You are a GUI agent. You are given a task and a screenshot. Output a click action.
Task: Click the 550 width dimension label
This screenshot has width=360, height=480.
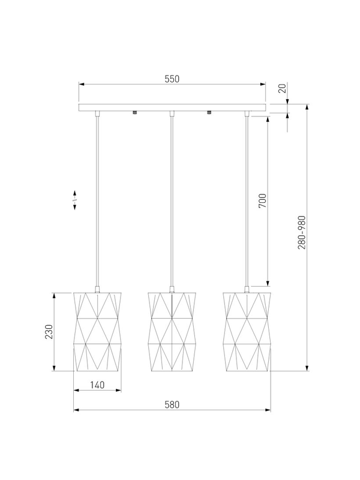tap(172, 79)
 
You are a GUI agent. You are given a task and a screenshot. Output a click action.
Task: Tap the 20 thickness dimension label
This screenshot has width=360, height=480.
tap(283, 88)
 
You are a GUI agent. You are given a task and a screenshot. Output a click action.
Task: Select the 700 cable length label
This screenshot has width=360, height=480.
tap(263, 201)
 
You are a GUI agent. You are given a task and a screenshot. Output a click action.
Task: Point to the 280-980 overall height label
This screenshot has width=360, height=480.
tap(302, 232)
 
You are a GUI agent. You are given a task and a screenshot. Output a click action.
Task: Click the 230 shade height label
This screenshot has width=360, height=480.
tap(49, 332)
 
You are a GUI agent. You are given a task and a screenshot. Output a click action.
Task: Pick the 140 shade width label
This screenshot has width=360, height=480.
tap(97, 385)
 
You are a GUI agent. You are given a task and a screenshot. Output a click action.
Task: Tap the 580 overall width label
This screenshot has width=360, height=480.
tap(172, 404)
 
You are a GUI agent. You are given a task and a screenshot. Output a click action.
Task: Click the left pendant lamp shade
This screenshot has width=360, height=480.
tap(97, 332)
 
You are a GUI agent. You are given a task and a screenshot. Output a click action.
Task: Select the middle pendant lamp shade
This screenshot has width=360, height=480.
tap(172, 332)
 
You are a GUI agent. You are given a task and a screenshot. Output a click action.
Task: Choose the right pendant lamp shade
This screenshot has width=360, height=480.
tap(247, 332)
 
